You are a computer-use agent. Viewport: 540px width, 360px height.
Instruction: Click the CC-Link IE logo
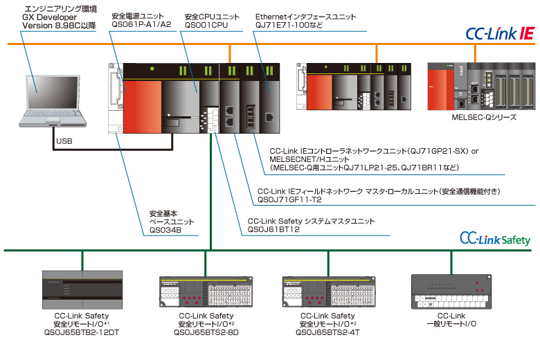tap(501, 33)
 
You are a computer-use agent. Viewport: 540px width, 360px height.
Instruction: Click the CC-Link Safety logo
tap(495, 239)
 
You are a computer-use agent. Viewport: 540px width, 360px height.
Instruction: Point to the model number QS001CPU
tap(206, 24)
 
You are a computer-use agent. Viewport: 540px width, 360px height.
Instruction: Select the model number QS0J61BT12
tap(272, 230)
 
